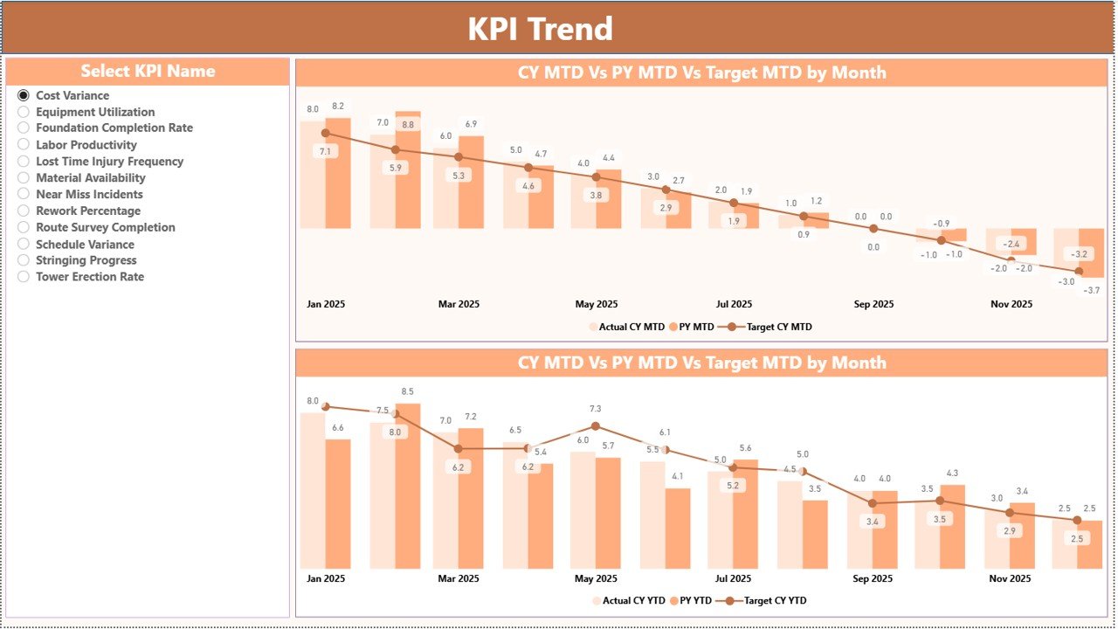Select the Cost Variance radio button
click(x=24, y=95)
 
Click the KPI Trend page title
click(x=540, y=29)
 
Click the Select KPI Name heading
click(x=148, y=72)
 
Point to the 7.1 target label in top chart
click(x=325, y=151)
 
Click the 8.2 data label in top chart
click(x=338, y=107)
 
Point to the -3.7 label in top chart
click(x=1091, y=290)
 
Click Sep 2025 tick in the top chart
click(x=873, y=305)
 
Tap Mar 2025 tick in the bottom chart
click(x=458, y=578)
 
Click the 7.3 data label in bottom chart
click(x=596, y=409)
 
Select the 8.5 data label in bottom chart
click(x=407, y=391)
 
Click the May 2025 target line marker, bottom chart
click(x=596, y=426)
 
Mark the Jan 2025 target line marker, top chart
click(x=326, y=134)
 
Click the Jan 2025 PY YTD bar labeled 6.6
click(x=338, y=502)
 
